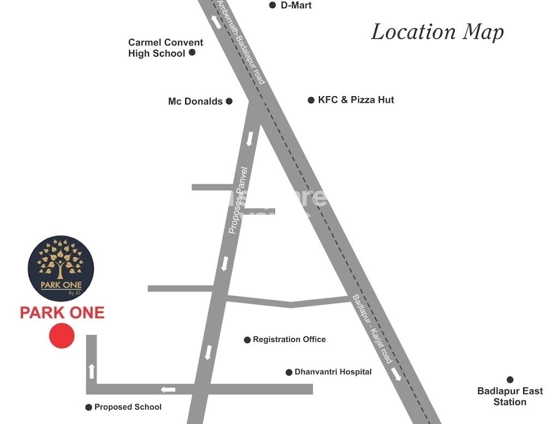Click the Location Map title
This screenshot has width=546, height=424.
[437, 32]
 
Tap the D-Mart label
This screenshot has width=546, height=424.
[296, 5]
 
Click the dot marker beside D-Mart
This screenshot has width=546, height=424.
[272, 5]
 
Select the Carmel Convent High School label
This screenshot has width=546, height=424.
[165, 48]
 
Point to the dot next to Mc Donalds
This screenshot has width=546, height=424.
[229, 101]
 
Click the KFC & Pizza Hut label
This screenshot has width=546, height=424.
[356, 100]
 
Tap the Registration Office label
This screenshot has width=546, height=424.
[289, 340]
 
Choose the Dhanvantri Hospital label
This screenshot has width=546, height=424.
[333, 372]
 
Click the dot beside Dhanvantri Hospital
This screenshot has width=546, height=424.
[289, 373]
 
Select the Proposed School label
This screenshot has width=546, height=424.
[128, 407]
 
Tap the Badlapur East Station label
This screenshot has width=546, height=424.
[510, 397]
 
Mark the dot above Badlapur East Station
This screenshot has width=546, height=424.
[510, 380]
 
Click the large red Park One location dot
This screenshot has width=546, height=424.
[61, 335]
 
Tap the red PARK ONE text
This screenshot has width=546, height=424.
[62, 313]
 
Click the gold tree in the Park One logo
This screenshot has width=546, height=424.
[61, 260]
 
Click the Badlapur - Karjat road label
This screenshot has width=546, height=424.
[372, 329]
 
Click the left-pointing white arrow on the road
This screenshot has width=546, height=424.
[168, 390]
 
